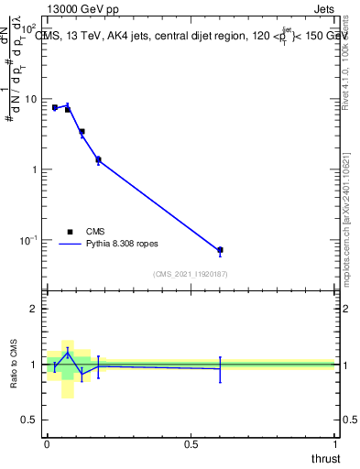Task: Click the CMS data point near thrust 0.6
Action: tap(220, 250)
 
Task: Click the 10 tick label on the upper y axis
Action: tap(30, 98)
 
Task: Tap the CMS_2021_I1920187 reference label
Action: tap(190, 274)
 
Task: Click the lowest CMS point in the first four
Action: tap(98, 160)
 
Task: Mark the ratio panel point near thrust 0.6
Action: tap(220, 368)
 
